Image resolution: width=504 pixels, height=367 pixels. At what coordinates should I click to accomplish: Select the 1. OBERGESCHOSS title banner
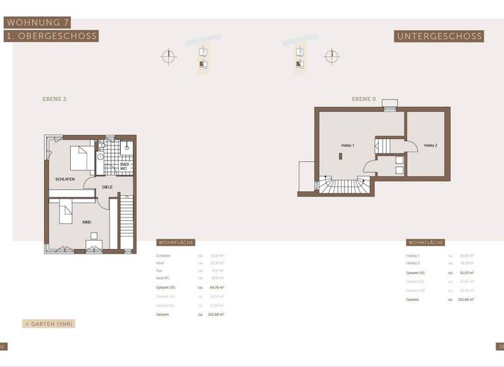(x=51, y=36)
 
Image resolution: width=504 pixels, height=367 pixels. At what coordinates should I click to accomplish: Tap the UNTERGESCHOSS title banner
(x=440, y=37)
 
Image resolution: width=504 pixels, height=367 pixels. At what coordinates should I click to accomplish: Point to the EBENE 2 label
(x=54, y=99)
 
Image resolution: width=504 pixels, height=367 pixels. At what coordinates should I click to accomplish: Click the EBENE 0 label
(x=364, y=99)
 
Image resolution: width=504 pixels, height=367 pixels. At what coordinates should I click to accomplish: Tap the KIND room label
(x=87, y=222)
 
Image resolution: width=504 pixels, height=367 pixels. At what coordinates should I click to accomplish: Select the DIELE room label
(x=107, y=187)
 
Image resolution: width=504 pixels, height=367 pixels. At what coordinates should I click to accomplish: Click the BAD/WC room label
(x=123, y=166)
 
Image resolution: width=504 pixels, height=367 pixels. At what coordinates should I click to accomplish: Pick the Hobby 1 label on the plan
(x=348, y=145)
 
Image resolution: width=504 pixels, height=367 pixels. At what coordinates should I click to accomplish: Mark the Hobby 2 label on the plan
(x=430, y=145)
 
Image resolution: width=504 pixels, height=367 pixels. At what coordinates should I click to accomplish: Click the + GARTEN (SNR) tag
(x=49, y=324)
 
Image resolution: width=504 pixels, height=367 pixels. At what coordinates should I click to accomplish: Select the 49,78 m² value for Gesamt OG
(x=217, y=287)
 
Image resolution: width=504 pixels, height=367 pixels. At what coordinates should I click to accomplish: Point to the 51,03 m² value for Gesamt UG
(x=467, y=272)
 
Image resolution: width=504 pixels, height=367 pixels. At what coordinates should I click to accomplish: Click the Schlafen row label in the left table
(x=163, y=256)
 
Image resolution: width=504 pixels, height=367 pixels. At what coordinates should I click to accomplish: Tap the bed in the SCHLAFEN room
(x=81, y=158)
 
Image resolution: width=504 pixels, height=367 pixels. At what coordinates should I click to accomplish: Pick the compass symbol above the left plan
(x=169, y=56)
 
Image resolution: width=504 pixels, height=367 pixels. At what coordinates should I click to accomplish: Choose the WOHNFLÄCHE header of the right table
(x=425, y=242)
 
